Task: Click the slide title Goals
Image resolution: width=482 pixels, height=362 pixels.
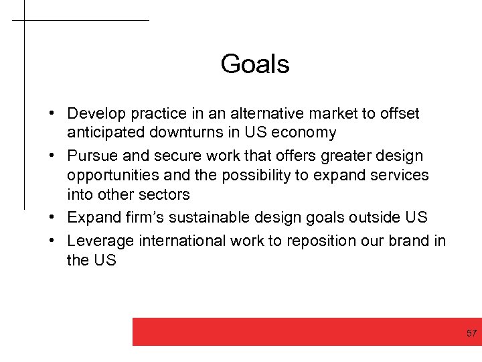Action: (x=254, y=64)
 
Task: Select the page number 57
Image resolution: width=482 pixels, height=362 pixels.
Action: (x=471, y=333)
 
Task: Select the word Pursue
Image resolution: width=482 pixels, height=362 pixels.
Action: (x=92, y=156)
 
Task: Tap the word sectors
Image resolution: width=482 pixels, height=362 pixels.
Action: (x=166, y=194)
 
